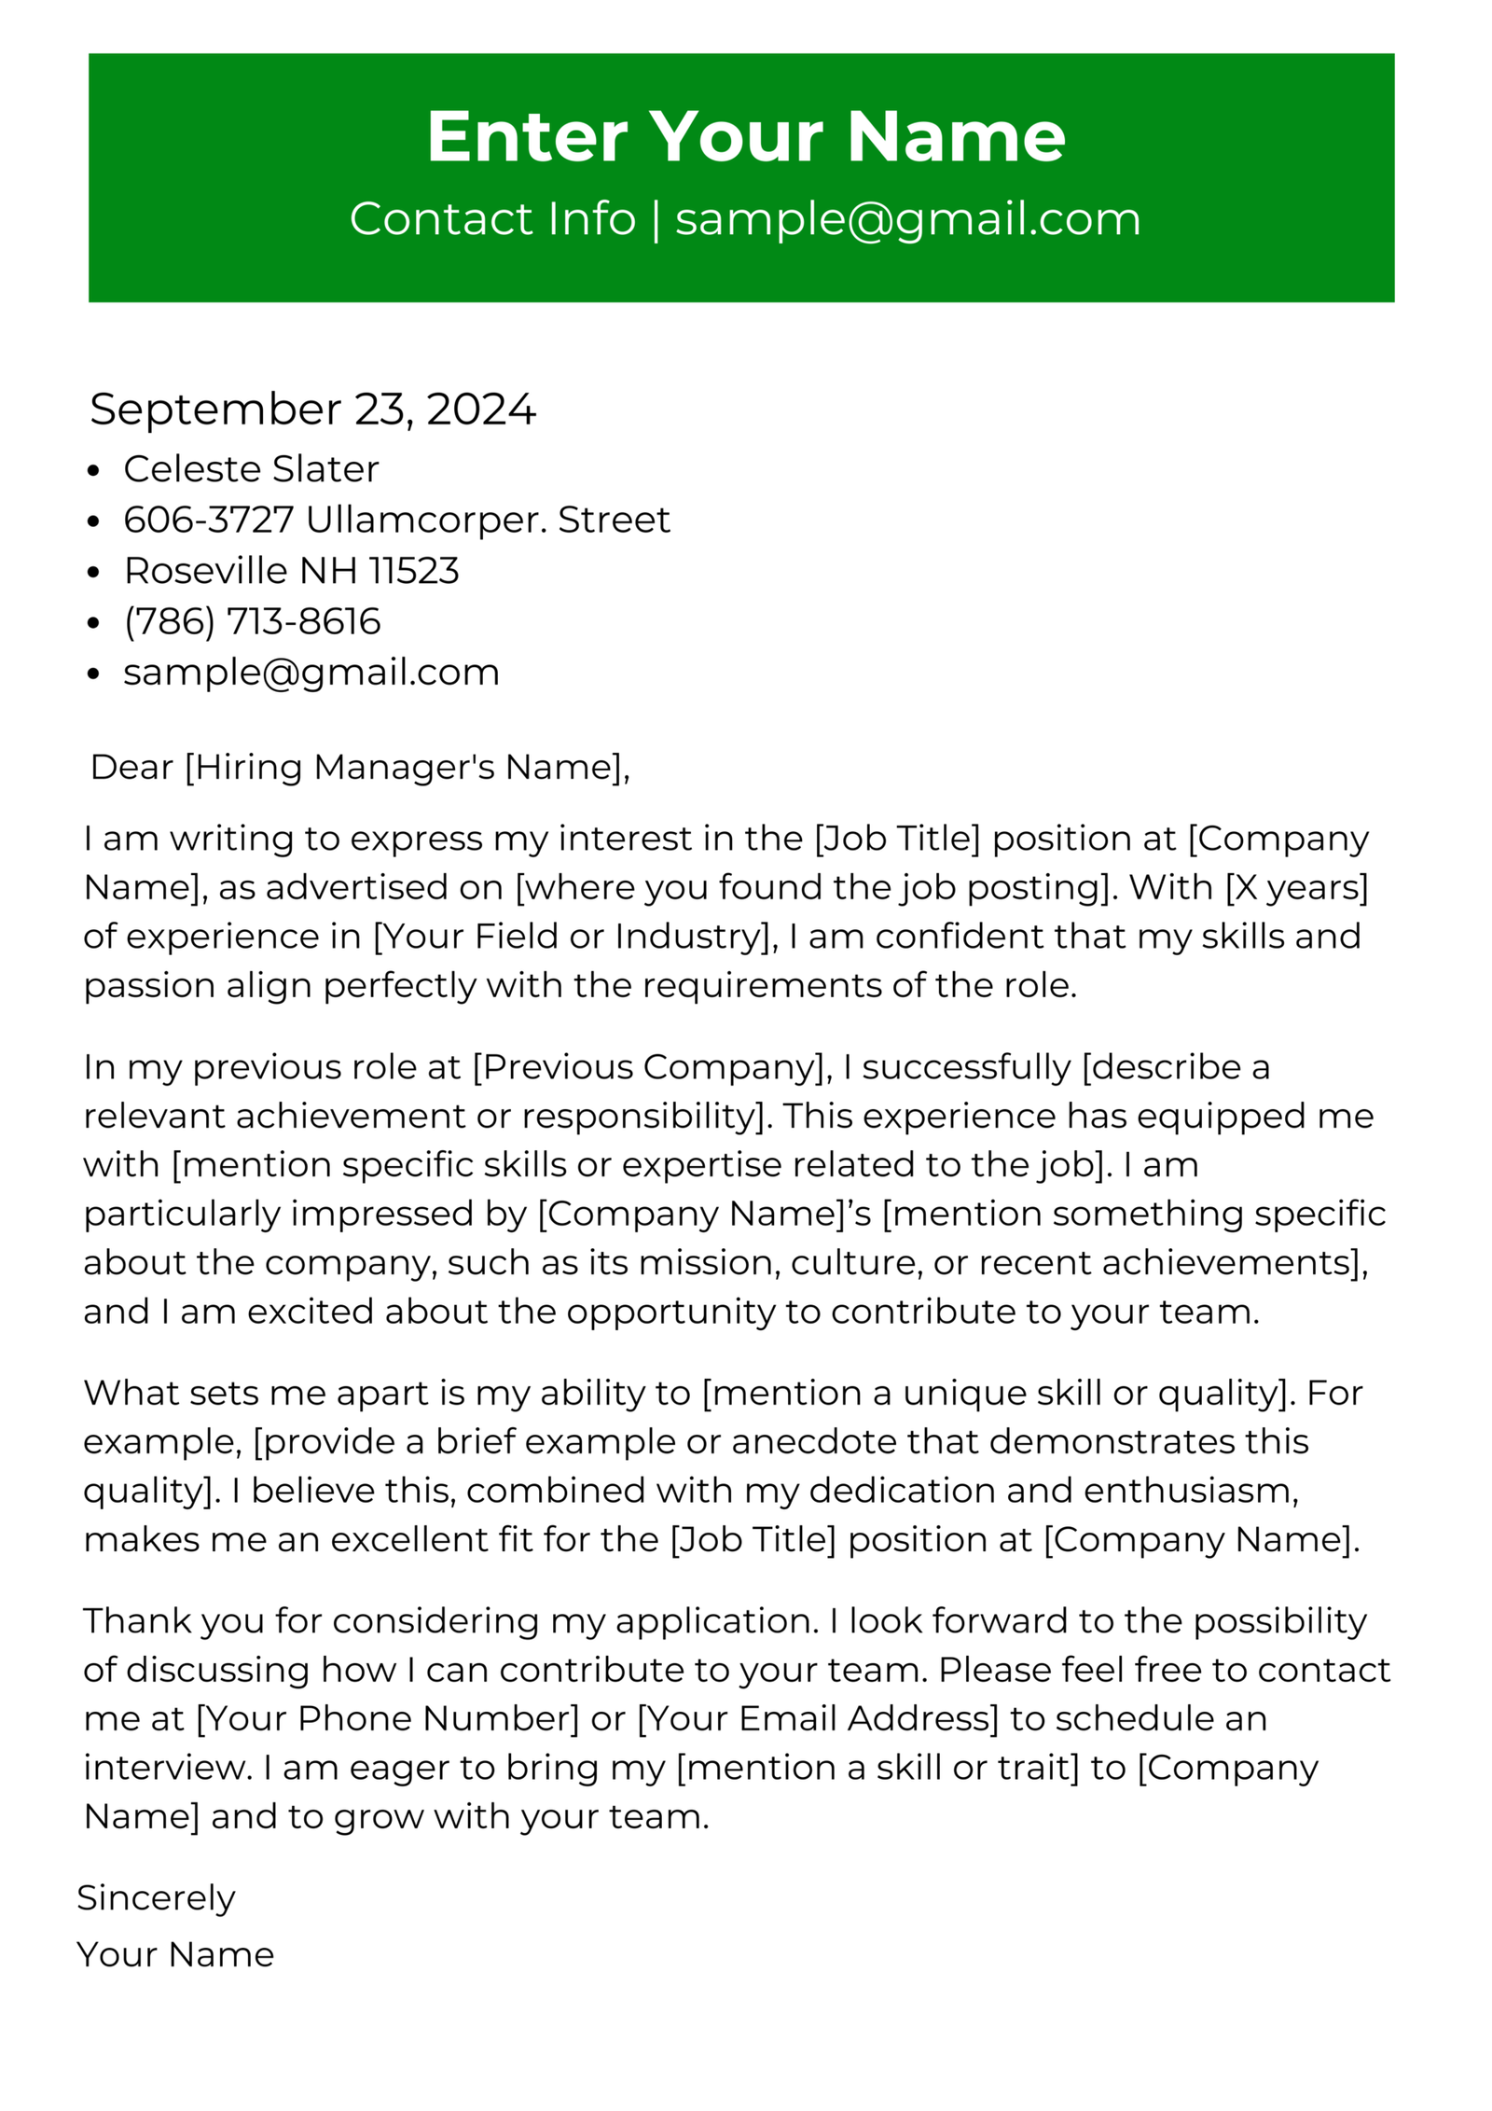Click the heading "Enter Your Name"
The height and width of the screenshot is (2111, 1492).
pos(745,137)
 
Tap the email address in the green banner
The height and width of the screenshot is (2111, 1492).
pos(907,219)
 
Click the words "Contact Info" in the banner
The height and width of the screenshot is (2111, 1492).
pos(492,219)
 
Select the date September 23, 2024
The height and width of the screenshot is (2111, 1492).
pos(312,410)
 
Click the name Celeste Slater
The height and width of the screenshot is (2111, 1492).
pos(251,469)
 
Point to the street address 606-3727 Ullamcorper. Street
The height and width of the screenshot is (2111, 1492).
pos(396,520)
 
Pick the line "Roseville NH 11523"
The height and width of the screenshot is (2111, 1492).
pos(291,571)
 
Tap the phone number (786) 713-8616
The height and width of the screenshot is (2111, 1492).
pos(252,621)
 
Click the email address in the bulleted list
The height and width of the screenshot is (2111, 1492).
pos(311,673)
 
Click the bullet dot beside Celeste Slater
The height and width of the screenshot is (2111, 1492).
pos(92,471)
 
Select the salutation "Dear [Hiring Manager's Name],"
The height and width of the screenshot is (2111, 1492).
pos(360,767)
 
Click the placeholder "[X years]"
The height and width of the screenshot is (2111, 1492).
pos(1296,887)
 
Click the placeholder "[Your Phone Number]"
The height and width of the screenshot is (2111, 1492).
pos(388,1718)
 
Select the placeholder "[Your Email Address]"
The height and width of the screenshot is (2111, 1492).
pos(817,1718)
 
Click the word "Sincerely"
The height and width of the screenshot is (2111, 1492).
pos(156,1897)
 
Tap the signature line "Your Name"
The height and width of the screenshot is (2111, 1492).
pos(175,1954)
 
